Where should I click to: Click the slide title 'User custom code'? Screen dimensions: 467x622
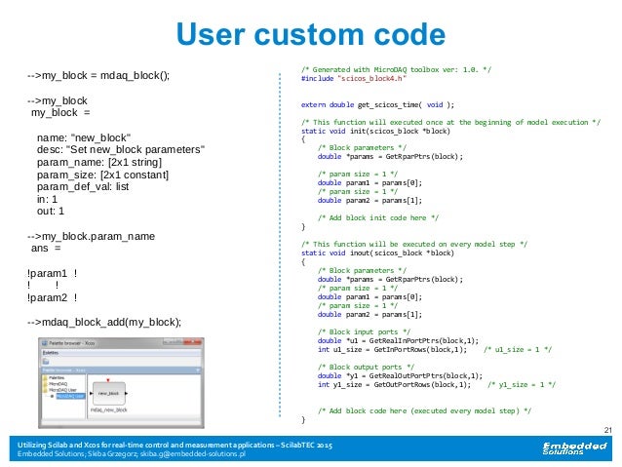point(310,35)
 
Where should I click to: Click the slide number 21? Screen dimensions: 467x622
point(608,430)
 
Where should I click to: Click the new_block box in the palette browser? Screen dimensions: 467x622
point(108,393)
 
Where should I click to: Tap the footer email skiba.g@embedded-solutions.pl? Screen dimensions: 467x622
point(186,454)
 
